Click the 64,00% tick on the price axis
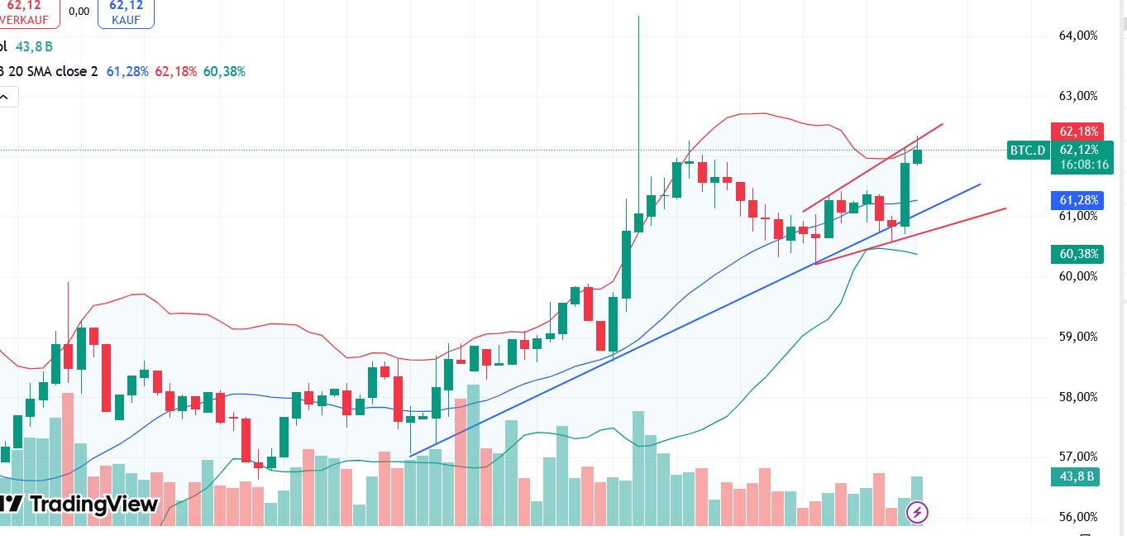[x=1078, y=36]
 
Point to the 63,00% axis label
[x=1078, y=96]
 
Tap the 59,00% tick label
[x=1078, y=337]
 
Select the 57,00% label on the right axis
[x=1078, y=457]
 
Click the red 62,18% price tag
[x=1078, y=132]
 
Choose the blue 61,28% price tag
[x=1078, y=200]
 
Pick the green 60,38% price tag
[x=1078, y=255]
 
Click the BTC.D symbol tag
[x=1028, y=151]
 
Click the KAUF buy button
[x=126, y=13]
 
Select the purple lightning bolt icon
[x=917, y=512]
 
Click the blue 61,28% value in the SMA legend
[x=127, y=72]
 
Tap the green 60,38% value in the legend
[x=224, y=72]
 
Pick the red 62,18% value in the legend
[x=175, y=72]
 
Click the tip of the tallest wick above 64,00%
[x=638, y=17]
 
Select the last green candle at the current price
[x=917, y=156]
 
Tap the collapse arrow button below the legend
[x=5, y=97]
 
